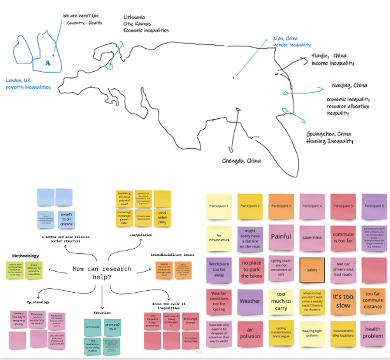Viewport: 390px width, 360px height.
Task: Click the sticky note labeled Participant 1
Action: pyautogui.click(x=219, y=206)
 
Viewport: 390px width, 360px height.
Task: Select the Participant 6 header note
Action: pyautogui.click(x=374, y=206)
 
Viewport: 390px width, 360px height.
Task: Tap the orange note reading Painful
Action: pyautogui.click(x=281, y=237)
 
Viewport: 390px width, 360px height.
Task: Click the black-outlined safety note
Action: pyautogui.click(x=312, y=270)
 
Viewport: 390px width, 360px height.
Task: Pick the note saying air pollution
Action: pyautogui.click(x=250, y=334)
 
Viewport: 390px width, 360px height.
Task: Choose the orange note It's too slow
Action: pyautogui.click(x=343, y=301)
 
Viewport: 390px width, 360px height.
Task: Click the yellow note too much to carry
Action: pyautogui.click(x=281, y=301)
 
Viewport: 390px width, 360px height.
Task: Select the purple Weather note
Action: pyautogui.click(x=250, y=301)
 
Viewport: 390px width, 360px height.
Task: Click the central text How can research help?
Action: pyautogui.click(x=102, y=273)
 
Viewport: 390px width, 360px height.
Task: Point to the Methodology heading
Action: pyautogui.click(x=25, y=255)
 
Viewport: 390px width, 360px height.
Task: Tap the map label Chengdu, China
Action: pyautogui.click(x=241, y=161)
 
